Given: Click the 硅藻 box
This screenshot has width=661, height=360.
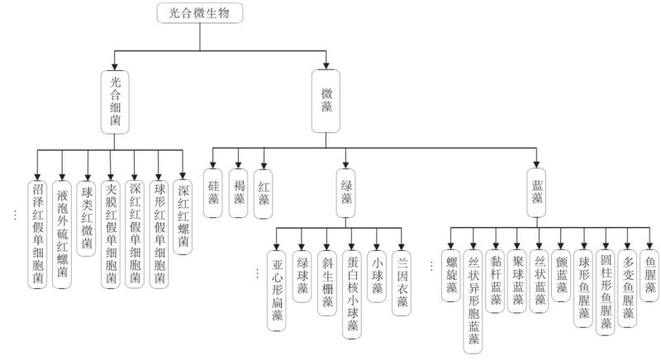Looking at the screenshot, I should (214, 193).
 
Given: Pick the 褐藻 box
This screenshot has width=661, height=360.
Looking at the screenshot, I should (239, 193).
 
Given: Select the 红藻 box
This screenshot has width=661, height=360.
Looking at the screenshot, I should (264, 193).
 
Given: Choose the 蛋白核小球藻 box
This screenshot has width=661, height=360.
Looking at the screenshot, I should (353, 288).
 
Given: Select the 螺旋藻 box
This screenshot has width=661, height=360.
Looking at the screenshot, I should (451, 268).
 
